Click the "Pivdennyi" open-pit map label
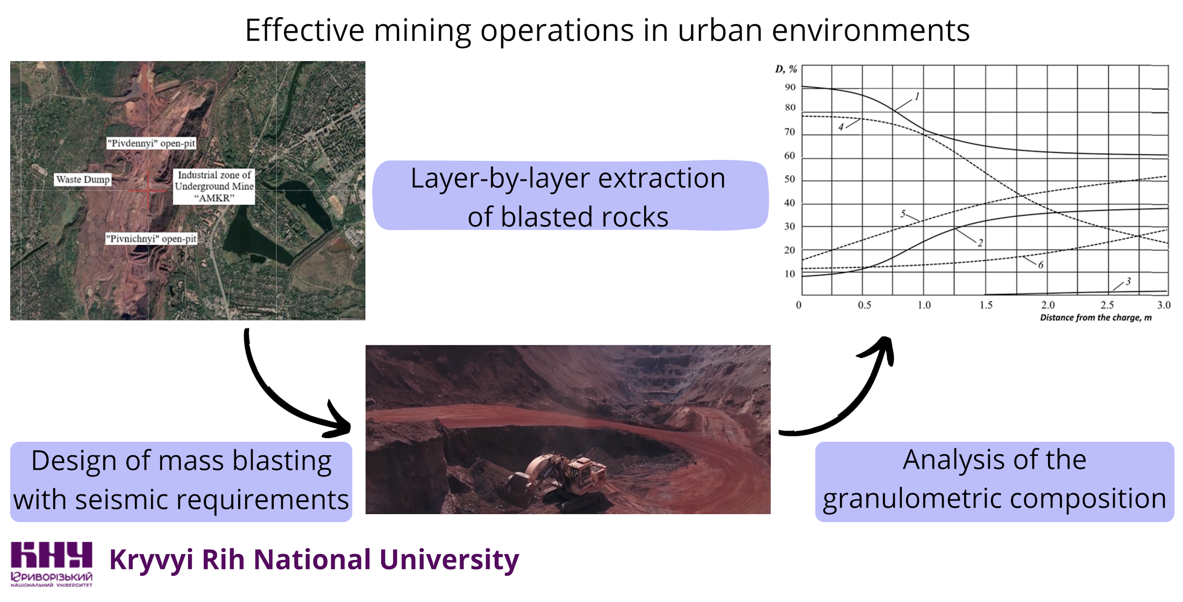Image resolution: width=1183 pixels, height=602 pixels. coord(151,144)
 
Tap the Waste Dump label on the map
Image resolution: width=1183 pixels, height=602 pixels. coord(83,180)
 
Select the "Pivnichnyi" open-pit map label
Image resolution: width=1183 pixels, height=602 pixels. coord(151,239)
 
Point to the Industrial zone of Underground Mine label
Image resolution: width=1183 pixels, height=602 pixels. coord(214,187)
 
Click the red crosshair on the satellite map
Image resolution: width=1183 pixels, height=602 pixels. coord(148,190)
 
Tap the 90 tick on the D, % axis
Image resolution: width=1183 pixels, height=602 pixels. coord(789,87)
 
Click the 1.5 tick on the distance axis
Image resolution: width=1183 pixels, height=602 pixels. coord(986,305)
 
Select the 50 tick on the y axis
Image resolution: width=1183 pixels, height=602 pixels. coord(789,179)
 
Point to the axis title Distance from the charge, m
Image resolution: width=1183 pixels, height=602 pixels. coord(1095,318)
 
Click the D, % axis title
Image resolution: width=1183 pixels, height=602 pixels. coord(786,69)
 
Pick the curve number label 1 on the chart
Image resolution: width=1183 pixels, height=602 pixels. coord(917,97)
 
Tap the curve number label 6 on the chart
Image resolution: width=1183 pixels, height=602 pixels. coord(1041,265)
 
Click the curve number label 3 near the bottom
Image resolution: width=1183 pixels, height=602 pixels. coord(1128,281)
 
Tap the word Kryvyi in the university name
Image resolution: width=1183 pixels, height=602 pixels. coord(151,560)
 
